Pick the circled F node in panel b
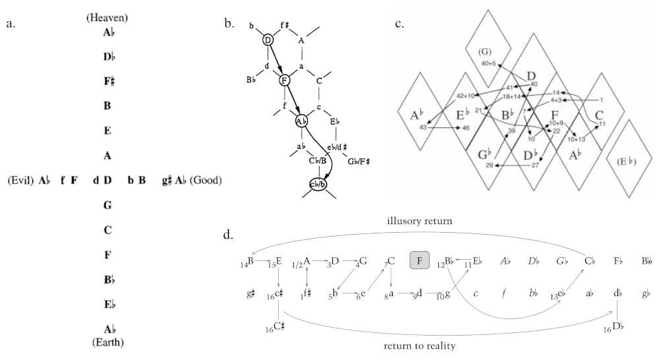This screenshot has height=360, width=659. pos(285,81)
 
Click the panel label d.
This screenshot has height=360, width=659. pos(231,235)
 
